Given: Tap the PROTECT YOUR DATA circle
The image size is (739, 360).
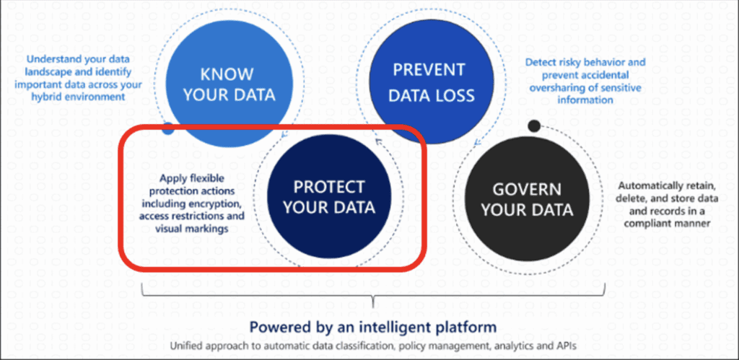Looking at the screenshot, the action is [329, 197].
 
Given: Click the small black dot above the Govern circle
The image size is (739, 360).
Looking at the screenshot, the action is [533, 126].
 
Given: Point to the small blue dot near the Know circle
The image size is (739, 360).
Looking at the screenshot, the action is [168, 128].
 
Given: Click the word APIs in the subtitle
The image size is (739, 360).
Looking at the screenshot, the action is [567, 346].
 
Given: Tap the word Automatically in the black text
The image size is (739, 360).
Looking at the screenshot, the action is [647, 186].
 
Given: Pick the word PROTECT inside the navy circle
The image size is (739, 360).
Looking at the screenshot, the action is [329, 187].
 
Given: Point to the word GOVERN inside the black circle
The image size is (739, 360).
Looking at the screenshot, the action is [527, 190].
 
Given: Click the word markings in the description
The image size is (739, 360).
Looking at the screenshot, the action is [209, 229].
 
